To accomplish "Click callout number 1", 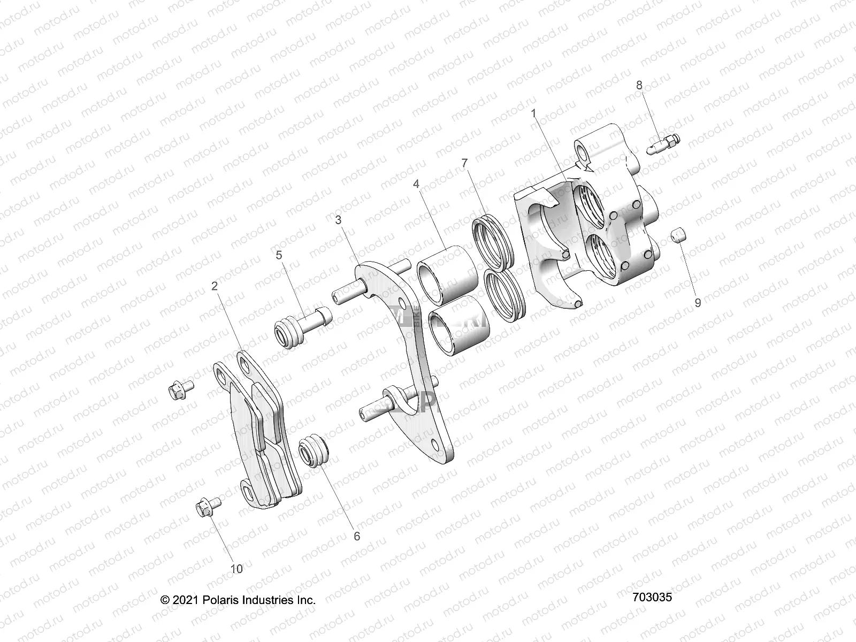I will pyautogui.click(x=533, y=113).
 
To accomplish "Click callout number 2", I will pyautogui.click(x=215, y=286).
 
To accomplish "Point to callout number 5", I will pyautogui.click(x=279, y=255).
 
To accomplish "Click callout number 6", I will pyautogui.click(x=357, y=536).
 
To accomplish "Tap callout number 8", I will pyautogui.click(x=639, y=85).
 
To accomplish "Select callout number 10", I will pyautogui.click(x=236, y=569).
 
